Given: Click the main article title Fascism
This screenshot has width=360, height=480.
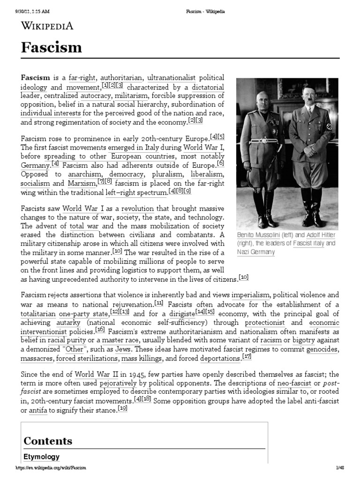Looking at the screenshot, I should [x=52, y=47].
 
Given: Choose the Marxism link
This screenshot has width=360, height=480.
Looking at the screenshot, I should [x=82, y=183].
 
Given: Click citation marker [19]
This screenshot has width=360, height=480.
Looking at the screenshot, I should [x=123, y=408].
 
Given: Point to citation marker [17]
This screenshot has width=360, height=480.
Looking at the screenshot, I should [x=247, y=356].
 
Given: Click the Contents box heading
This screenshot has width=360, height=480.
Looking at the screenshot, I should [x=48, y=441].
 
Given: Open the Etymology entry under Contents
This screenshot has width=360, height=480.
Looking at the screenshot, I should [x=41, y=457].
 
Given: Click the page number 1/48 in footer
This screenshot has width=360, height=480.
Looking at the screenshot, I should [x=340, y=468].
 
